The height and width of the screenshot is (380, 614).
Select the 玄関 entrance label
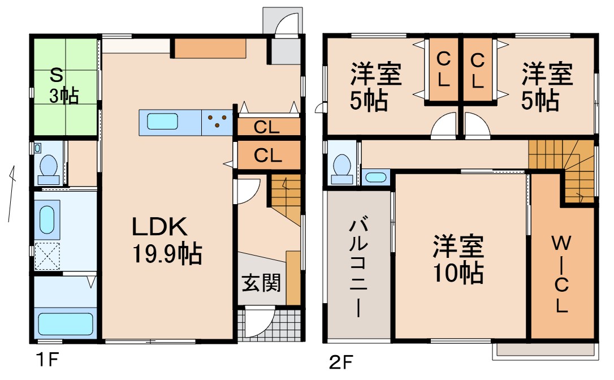(261, 282)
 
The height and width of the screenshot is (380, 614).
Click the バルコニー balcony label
(356, 266)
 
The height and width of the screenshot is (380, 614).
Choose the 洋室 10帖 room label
(458, 260)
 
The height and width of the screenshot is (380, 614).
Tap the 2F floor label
(340, 360)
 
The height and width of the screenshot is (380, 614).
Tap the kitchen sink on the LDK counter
(163, 122)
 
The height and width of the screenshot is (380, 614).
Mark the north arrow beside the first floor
(11, 192)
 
